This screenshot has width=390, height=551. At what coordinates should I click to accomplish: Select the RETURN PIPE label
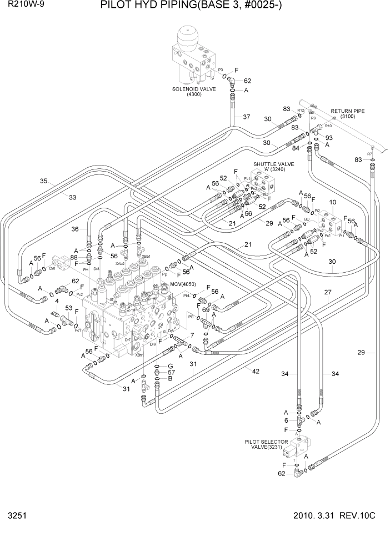[347, 111]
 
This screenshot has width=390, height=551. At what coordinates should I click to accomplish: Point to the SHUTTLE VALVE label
[273, 164]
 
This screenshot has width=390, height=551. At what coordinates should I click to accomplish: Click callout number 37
[246, 117]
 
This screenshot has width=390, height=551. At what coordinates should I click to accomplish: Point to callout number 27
[328, 292]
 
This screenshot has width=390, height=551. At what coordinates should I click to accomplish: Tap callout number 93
[329, 138]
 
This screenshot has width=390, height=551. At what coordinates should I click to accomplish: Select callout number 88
[74, 257]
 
